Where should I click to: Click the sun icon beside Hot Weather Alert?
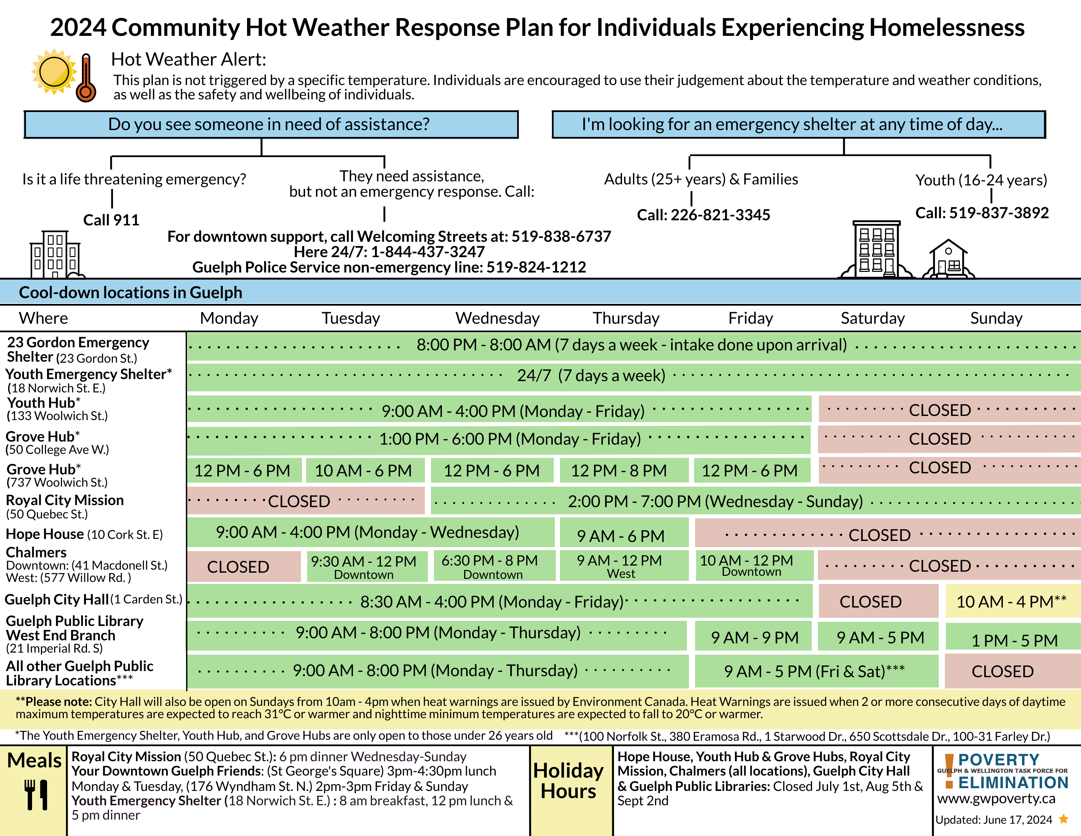tap(54, 71)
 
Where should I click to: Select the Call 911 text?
tap(111, 220)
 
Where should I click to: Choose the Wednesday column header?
tap(498, 318)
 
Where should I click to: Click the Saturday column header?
tap(873, 318)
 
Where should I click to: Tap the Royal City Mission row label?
tap(65, 507)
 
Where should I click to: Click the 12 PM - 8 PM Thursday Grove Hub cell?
tap(624, 470)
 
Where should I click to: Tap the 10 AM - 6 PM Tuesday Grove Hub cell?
tap(365, 470)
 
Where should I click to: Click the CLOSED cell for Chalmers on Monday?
tap(244, 567)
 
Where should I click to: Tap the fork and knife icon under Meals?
tap(37, 795)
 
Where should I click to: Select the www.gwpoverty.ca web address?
tap(996, 798)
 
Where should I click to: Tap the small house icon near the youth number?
tap(948, 259)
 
